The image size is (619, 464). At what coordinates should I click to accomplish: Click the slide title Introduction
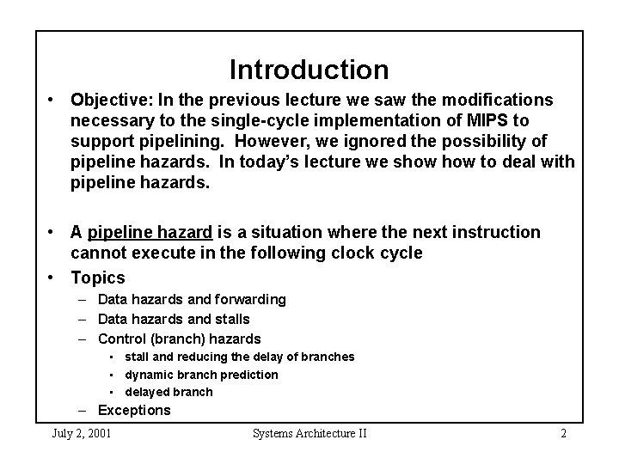[x=309, y=69]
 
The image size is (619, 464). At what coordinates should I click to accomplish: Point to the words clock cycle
[x=378, y=253]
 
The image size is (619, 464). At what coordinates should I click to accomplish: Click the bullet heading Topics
[x=97, y=278]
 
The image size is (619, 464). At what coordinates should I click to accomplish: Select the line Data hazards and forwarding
[x=192, y=299]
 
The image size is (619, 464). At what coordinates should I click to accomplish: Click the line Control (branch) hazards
[x=179, y=339]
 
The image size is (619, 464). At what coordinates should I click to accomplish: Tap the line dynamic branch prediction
[x=201, y=374]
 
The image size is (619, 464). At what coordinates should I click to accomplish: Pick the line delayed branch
[x=169, y=392]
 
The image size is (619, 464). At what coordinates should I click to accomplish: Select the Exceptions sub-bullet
[x=134, y=410]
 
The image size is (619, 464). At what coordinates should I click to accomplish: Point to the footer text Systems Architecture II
[x=309, y=433]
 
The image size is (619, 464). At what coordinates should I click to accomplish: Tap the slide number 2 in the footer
[x=563, y=433]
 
